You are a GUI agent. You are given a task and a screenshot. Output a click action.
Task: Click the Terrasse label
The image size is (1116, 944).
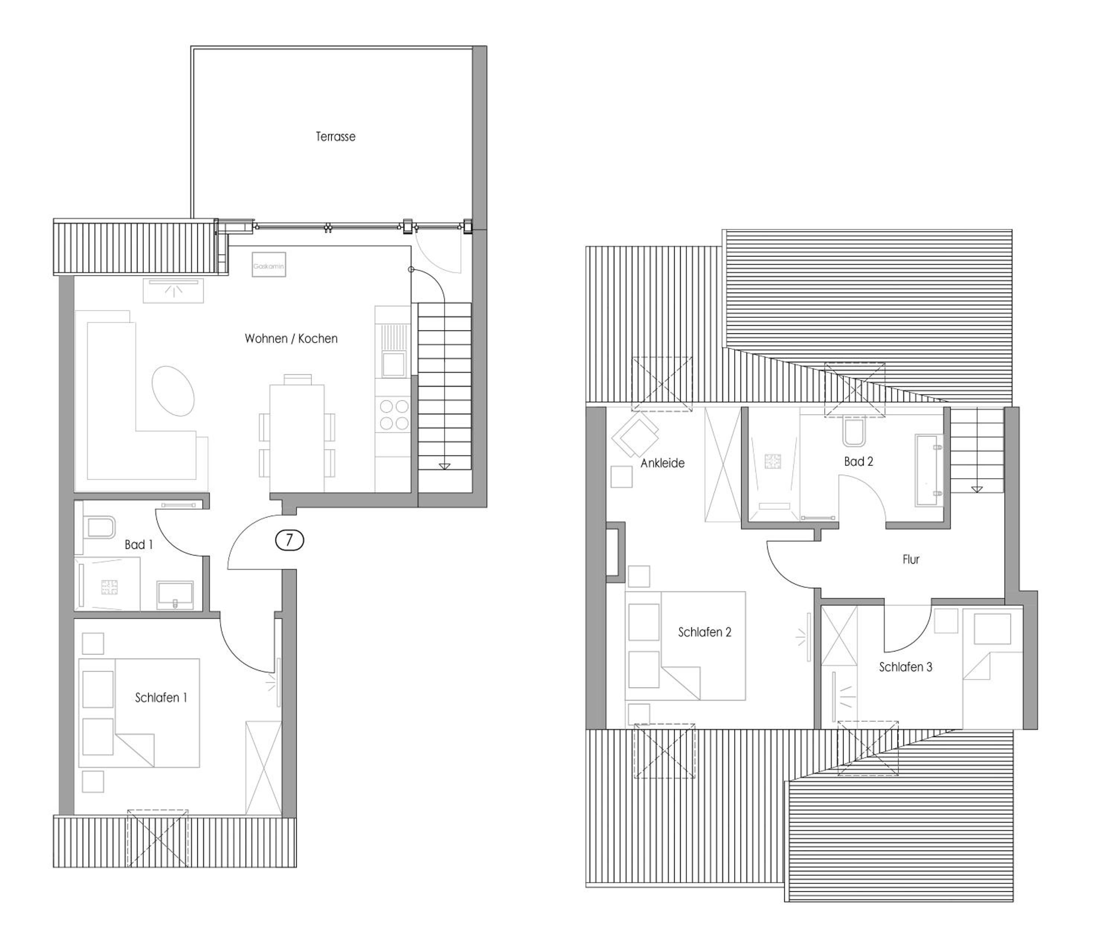tap(336, 137)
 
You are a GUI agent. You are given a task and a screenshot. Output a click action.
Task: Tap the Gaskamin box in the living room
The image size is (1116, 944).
tap(269, 265)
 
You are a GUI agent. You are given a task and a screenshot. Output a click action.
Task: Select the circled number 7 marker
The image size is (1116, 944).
tap(289, 540)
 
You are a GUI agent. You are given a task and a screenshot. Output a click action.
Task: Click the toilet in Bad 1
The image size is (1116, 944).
tap(99, 527)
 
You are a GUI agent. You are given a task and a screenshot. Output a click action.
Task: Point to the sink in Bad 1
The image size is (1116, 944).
tap(175, 595)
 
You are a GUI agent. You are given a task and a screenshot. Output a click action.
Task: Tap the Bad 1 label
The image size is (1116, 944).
tap(139, 545)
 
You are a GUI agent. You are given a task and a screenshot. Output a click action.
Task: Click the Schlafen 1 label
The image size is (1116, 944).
tap(161, 698)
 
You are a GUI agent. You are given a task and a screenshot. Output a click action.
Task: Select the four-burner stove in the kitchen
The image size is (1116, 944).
tap(394, 415)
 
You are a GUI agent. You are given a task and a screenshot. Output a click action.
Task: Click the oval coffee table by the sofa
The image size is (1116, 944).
tap(173, 391)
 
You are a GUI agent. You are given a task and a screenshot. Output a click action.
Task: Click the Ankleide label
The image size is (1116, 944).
tap(663, 463)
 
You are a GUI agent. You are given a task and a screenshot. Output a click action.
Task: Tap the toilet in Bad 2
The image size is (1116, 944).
tap(854, 431)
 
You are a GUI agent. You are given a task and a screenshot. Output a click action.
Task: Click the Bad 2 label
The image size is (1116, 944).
tap(859, 461)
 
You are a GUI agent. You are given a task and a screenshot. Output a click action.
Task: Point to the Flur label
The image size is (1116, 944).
tap(911, 560)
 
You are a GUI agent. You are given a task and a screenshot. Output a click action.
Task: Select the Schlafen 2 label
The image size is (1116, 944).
tap(705, 632)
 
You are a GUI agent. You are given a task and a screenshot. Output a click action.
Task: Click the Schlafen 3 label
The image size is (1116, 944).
tap(906, 667)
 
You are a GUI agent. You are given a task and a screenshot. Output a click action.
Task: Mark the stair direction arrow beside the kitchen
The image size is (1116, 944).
tap(444, 466)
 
